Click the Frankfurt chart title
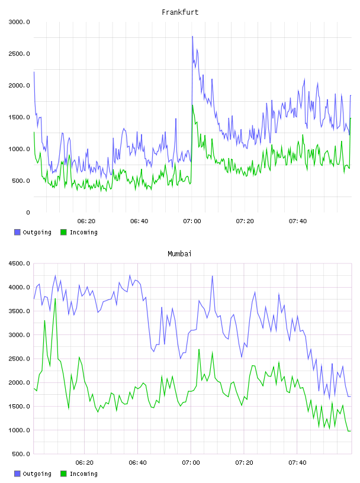[x=180, y=12]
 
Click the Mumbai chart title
[x=179, y=254]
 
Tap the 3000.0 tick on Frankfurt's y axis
[x=20, y=22]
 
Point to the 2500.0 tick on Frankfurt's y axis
[x=20, y=54]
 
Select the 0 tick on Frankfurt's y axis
[x=28, y=212]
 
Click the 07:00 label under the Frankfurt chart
[x=192, y=221]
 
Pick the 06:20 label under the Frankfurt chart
[x=86, y=221]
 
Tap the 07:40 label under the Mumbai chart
[x=297, y=463]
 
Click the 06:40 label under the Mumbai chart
[x=137, y=463]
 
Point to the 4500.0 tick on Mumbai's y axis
[x=20, y=263]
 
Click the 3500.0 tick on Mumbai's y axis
[x=20, y=311]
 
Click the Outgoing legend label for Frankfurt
[x=37, y=232]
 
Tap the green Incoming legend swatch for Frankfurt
[x=63, y=232]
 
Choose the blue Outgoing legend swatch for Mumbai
[x=17, y=474]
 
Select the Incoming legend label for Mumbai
[x=83, y=474]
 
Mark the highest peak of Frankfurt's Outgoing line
[x=192, y=36]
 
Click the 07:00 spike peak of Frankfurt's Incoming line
[x=192, y=105]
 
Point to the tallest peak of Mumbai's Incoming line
[x=55, y=298]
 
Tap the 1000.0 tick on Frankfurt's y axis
[x=20, y=149]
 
